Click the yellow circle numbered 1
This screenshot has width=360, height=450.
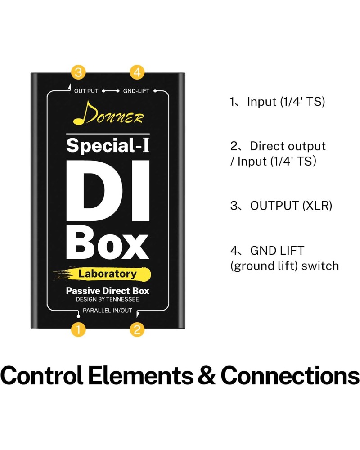(x=78, y=329)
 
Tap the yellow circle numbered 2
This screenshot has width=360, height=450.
(x=137, y=329)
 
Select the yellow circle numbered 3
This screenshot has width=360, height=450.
(x=78, y=72)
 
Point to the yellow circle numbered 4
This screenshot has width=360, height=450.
(x=137, y=72)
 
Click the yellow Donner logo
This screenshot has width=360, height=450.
(x=108, y=113)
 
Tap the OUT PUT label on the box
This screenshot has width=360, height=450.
(x=86, y=91)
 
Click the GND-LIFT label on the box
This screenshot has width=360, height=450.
(x=136, y=91)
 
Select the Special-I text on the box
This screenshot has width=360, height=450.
(x=108, y=145)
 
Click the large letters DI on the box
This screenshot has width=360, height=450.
(x=108, y=191)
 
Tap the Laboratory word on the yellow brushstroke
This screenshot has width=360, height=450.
(x=108, y=274)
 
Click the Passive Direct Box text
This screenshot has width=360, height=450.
(x=108, y=291)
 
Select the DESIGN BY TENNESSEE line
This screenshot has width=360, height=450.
(x=108, y=299)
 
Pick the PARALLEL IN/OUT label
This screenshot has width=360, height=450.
(x=108, y=310)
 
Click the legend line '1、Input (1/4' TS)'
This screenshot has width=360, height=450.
(x=277, y=102)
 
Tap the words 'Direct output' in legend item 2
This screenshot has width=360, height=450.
(x=288, y=146)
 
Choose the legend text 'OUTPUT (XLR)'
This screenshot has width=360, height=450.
(x=291, y=206)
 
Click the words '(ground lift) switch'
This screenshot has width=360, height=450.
(x=284, y=266)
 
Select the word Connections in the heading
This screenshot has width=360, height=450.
(x=290, y=375)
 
